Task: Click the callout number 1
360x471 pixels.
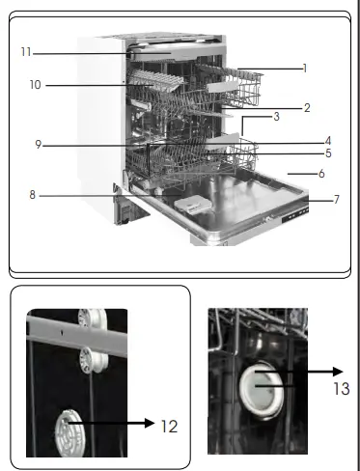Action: point(304,69)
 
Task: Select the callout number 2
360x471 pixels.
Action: point(307,108)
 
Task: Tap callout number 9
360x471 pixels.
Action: point(38,146)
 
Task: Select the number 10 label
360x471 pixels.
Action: point(34,86)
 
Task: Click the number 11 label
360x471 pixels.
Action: point(26,51)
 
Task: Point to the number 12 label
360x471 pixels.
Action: point(168,424)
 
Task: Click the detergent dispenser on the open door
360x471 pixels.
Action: point(190,204)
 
